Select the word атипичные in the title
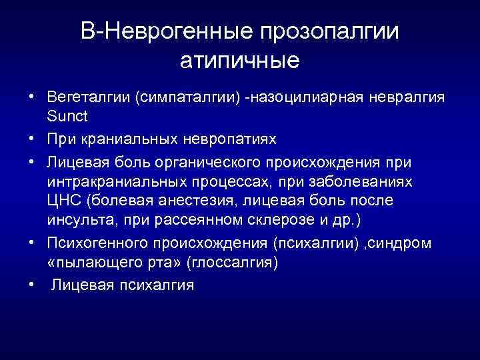pos(240,61)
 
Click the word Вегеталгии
pos(89,98)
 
